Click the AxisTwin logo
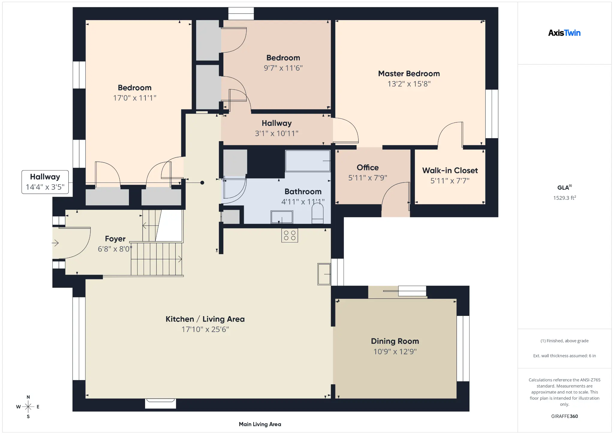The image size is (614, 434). pos(564,33)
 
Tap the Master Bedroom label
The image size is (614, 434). pos(409,74)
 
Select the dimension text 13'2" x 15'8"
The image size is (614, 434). pos(409,84)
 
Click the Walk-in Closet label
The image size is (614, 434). pos(450,171)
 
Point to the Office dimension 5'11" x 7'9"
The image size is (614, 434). pos(368,178)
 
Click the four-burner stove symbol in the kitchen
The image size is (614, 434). pos(290,236)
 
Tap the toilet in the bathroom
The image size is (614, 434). pos(317,213)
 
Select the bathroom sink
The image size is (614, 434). pos(282,217)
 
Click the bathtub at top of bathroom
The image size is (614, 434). pos(308,161)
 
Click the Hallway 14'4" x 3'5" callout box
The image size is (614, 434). pos(45,182)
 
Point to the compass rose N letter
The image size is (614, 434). pos(28,397)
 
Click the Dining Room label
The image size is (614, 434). pos(395,341)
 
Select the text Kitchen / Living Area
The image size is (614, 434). pos(205,319)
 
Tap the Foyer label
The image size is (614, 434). pos(115,239)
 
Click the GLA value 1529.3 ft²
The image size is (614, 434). pos(565,198)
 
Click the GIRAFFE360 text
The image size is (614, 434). pos(564,416)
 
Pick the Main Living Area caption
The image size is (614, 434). pos(260,424)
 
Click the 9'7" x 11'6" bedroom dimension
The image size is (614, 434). pos(283,68)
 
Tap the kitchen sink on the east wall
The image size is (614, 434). pos(324,274)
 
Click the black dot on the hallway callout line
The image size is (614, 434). pos(202,183)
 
